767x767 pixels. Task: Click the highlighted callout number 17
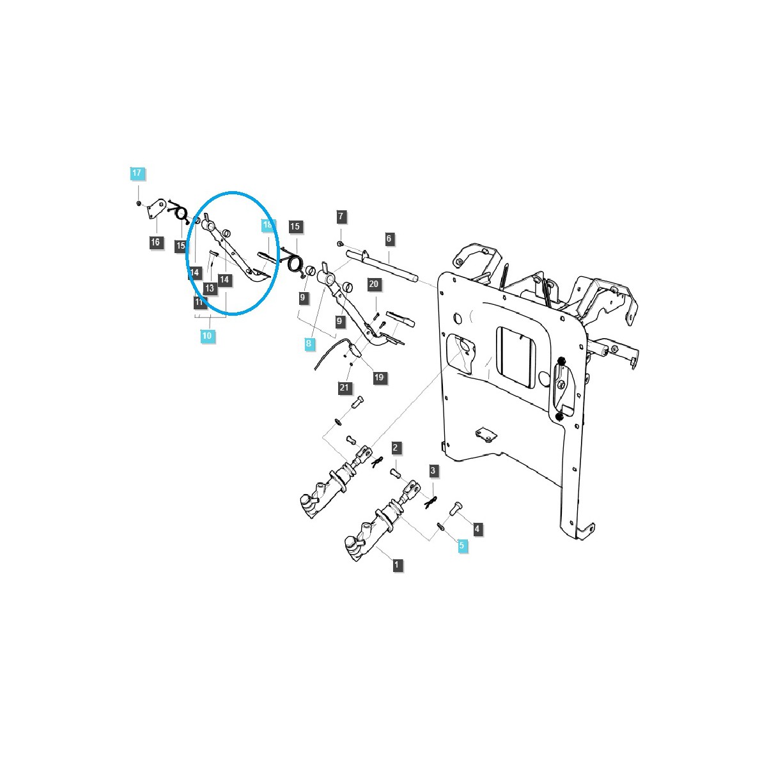tap(137, 173)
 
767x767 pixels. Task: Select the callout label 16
tap(155, 242)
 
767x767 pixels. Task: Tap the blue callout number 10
tap(206, 336)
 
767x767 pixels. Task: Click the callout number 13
tap(209, 289)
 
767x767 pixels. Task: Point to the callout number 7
tap(341, 217)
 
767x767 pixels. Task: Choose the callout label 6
tap(389, 239)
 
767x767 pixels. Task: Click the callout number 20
tap(375, 284)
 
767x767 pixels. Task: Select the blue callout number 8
tap(309, 344)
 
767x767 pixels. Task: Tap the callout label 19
tap(379, 378)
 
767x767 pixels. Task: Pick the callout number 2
tap(396, 447)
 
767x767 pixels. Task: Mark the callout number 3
tap(433, 472)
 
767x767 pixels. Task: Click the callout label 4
tap(477, 529)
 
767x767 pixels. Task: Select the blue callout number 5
tap(462, 546)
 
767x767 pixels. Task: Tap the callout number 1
tap(397, 565)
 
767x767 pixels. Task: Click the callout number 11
tap(199, 302)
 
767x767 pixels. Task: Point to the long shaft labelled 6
tap(383, 265)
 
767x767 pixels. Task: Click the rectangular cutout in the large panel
tap(516, 355)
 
